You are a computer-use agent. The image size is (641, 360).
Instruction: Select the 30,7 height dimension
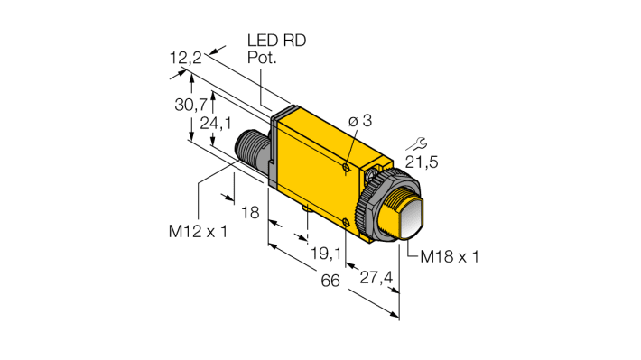point(190,105)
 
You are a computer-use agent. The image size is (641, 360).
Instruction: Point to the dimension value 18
point(250,212)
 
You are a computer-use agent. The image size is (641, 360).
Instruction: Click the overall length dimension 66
point(330,281)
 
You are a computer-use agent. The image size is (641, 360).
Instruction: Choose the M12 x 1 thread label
point(198,231)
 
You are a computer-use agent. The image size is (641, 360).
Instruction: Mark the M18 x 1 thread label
point(450,256)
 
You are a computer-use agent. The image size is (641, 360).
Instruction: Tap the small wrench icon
point(414,143)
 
